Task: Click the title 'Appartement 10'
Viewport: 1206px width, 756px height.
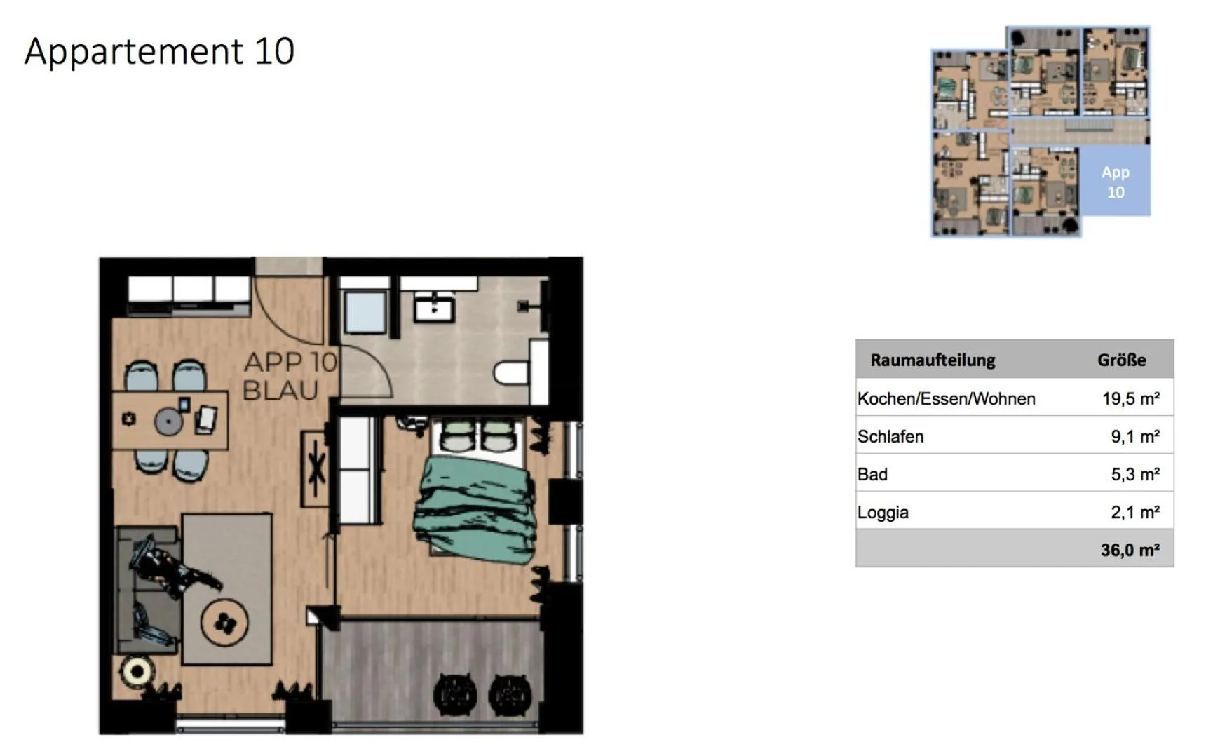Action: (x=159, y=51)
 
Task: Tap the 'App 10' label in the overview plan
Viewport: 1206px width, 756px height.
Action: (x=1115, y=182)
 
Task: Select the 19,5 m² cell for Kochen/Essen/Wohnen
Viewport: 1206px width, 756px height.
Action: (x=1130, y=399)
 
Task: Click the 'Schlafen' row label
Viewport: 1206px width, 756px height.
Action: (x=890, y=437)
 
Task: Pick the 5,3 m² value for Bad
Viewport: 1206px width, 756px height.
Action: (x=1134, y=475)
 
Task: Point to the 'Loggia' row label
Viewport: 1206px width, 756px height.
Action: (x=883, y=513)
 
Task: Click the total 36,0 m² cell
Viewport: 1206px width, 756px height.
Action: (x=1130, y=550)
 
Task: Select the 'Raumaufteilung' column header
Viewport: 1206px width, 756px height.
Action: (x=933, y=360)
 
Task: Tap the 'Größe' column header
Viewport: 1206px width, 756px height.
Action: (x=1121, y=360)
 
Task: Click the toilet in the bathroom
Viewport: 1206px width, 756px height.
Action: (x=512, y=372)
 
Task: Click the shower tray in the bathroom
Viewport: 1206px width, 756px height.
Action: (x=365, y=312)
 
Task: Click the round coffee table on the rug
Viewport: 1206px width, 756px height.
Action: (x=224, y=622)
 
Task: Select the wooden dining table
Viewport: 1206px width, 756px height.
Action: (x=170, y=420)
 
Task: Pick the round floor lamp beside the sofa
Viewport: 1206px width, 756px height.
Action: (x=136, y=672)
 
